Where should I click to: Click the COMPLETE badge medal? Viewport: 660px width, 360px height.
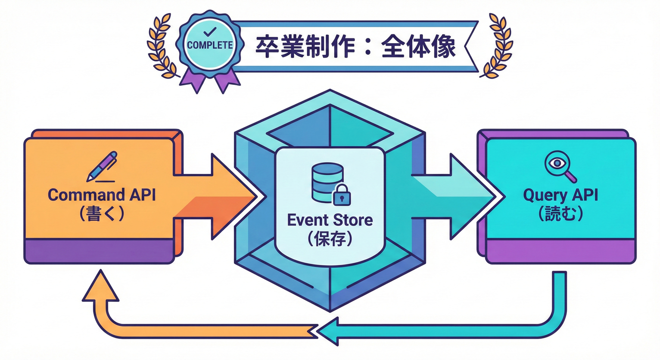click(x=210, y=44)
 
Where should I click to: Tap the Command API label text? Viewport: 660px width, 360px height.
click(x=102, y=195)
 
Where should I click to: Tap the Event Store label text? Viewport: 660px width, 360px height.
click(x=330, y=219)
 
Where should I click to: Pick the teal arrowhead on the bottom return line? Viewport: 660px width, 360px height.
click(x=328, y=330)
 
